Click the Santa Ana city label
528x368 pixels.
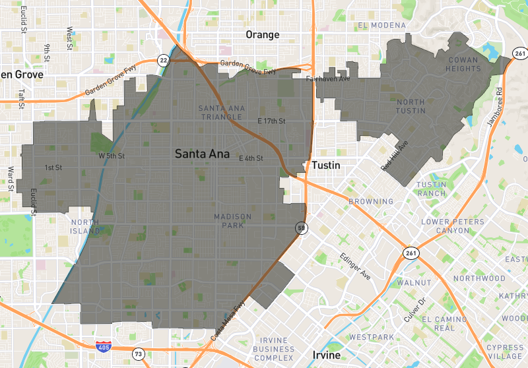[x=202, y=154]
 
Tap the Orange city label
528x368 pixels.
[x=262, y=34]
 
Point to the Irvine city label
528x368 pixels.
[x=323, y=355]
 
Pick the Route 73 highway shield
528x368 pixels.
[x=137, y=353]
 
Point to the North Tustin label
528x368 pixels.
[x=411, y=106]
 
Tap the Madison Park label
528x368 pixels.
[x=233, y=221]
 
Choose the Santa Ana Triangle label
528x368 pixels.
[x=220, y=112]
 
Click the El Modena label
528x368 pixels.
[x=382, y=25]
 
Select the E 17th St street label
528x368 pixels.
[x=271, y=121]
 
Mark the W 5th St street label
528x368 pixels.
[x=111, y=156]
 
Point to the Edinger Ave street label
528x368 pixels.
[x=356, y=265]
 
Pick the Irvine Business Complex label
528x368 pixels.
[x=273, y=348]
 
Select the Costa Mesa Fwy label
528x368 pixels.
[x=228, y=321]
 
